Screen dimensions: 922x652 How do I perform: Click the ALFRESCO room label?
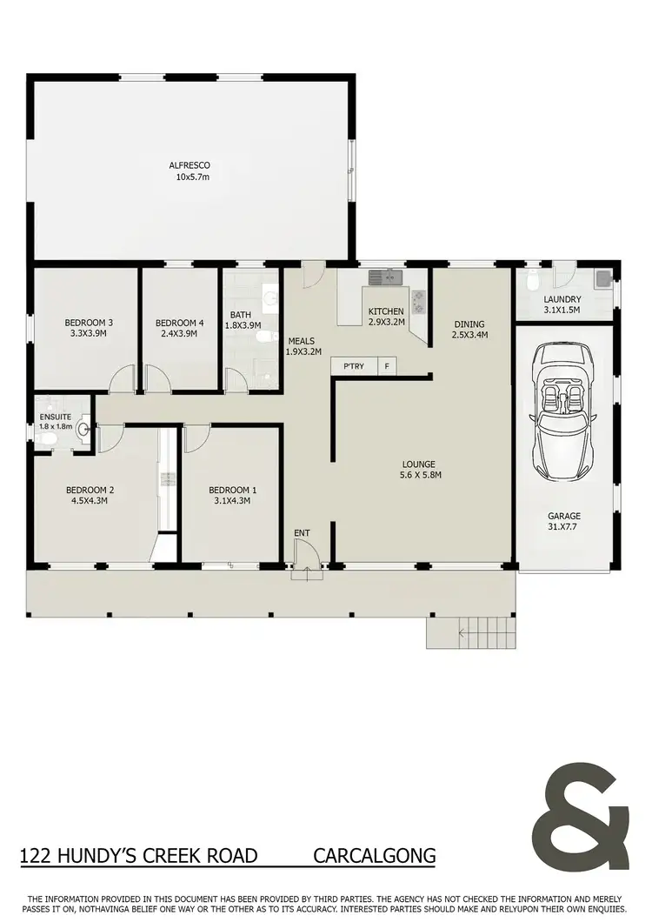(190, 165)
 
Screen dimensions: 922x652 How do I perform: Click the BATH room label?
(241, 315)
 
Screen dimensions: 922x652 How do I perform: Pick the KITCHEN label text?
(386, 311)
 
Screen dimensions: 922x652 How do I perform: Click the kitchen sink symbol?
(383, 278)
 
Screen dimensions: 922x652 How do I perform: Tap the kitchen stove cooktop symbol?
(418, 301)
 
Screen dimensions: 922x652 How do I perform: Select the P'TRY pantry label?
(354, 367)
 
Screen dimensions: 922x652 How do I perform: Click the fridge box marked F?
(387, 367)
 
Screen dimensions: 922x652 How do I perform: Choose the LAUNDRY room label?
(562, 299)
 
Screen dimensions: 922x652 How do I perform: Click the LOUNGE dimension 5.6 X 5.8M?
(418, 475)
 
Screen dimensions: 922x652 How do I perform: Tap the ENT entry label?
(302, 533)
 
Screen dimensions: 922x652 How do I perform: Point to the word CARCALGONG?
(374, 856)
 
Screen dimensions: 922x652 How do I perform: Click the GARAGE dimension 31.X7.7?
(563, 527)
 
